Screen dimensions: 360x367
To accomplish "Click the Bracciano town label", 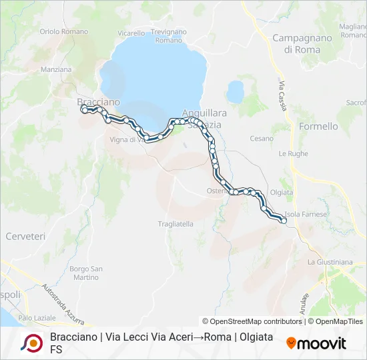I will (98, 102).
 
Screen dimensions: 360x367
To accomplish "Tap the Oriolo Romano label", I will (63, 31).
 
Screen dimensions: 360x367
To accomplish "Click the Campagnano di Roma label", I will (302, 43).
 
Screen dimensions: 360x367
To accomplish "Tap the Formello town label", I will (318, 126).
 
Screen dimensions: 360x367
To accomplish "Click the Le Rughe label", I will (293, 153).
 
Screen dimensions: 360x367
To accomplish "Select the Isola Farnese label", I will (306, 214).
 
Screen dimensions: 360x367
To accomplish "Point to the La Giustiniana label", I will (330, 262).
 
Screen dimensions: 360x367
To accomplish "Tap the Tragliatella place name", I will (175, 224).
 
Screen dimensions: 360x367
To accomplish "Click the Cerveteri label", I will (25, 236).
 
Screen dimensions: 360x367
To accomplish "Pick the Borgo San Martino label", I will (86, 273).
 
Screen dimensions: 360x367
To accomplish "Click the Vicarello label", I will (131, 33).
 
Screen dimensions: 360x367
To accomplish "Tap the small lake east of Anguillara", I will (235, 91).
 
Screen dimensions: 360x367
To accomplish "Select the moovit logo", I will (316, 343).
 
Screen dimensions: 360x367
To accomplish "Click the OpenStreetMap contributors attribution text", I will (252, 321).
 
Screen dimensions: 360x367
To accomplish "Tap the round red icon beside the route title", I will (31, 343).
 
